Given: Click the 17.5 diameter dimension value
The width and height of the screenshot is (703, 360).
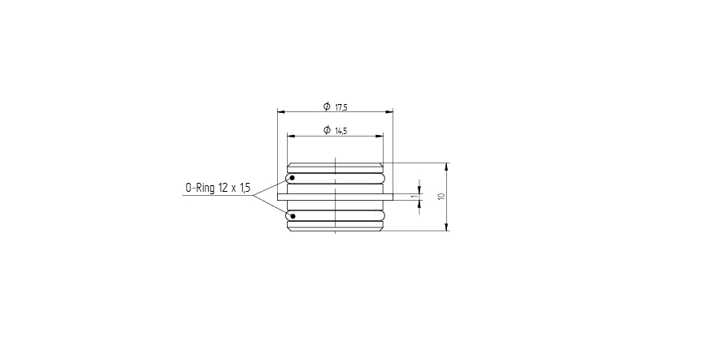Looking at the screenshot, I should tap(341, 107).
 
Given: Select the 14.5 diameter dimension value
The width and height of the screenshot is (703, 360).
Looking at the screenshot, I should tap(341, 131).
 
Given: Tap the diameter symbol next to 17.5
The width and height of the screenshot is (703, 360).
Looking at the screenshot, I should tap(326, 106).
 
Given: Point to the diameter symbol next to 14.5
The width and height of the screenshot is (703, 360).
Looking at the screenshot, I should tap(326, 130).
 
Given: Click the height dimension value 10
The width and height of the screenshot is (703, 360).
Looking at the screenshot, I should tap(440, 197).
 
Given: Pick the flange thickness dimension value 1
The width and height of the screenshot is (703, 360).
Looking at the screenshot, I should tap(413, 196).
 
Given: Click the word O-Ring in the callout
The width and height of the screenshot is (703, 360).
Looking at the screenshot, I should tap(199, 189).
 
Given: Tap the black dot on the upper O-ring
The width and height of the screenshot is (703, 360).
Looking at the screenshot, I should tap(292, 178).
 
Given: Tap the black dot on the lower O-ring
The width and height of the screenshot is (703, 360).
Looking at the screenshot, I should tap(292, 215).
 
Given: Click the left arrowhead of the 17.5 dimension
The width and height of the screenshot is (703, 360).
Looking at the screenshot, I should tap(280, 112).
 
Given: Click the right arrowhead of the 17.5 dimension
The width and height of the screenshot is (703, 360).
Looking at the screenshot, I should tap(389, 112).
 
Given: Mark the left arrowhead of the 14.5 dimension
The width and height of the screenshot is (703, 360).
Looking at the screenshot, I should tap(290, 136).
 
